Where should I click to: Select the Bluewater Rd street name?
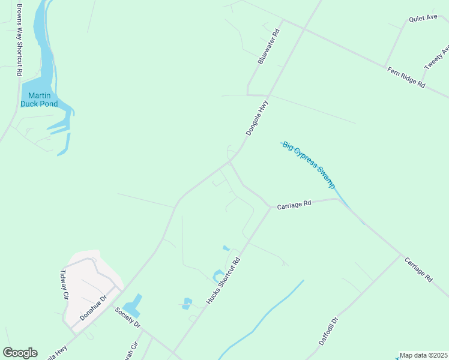point(268,46)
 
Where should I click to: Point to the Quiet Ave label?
point(423,19)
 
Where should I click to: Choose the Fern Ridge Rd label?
point(406,78)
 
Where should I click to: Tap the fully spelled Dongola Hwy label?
point(256,117)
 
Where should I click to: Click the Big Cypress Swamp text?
point(309,164)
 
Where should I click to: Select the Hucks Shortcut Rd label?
point(223,280)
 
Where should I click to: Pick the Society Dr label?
point(127,316)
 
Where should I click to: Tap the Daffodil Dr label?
point(329,331)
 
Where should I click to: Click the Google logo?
point(20,353)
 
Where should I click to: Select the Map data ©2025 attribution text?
point(424,355)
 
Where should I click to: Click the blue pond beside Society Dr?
point(133,306)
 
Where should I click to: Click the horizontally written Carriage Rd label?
point(294,205)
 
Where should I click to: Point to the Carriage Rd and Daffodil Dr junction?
point(401,254)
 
